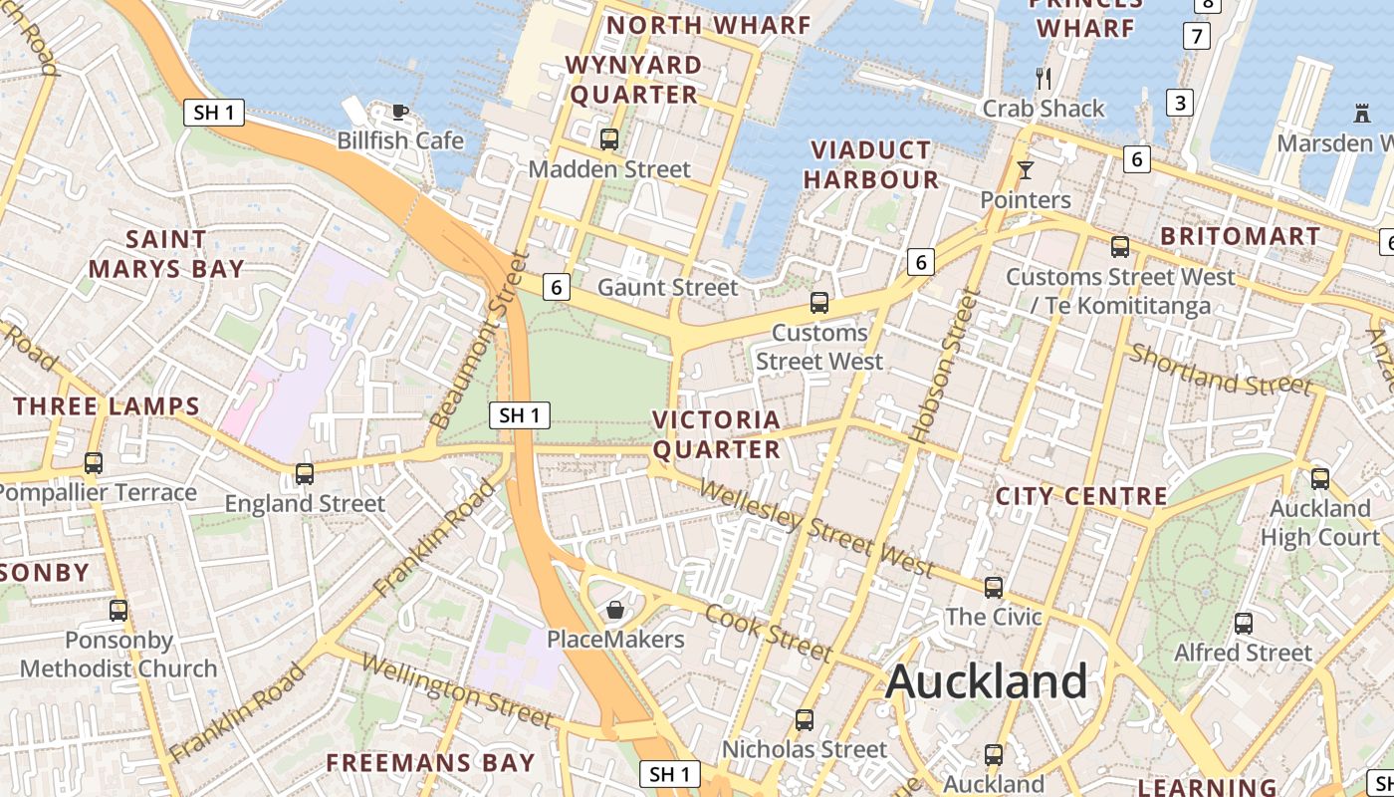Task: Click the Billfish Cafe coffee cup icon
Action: coord(399,112)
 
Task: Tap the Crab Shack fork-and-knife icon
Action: coord(1044,78)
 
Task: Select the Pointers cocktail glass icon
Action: coord(1026,170)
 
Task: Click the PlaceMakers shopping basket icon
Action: coord(615,609)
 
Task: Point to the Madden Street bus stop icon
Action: coord(609,139)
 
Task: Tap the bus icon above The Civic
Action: coord(994,588)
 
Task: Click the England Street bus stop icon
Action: coord(305,474)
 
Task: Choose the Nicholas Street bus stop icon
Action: coord(805,719)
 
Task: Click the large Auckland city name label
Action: coord(986,681)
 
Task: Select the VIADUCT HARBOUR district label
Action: coord(871,165)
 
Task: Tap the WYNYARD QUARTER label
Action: coord(633,80)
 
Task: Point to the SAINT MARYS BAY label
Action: coord(166,254)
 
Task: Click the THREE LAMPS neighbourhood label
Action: coord(107,406)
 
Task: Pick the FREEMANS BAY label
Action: coord(431,763)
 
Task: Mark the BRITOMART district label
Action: coord(1241,237)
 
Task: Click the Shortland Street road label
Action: coord(1221,369)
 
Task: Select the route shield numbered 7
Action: coord(1197,37)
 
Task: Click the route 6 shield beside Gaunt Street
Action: coord(557,288)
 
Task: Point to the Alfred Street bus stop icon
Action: coord(1244,624)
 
